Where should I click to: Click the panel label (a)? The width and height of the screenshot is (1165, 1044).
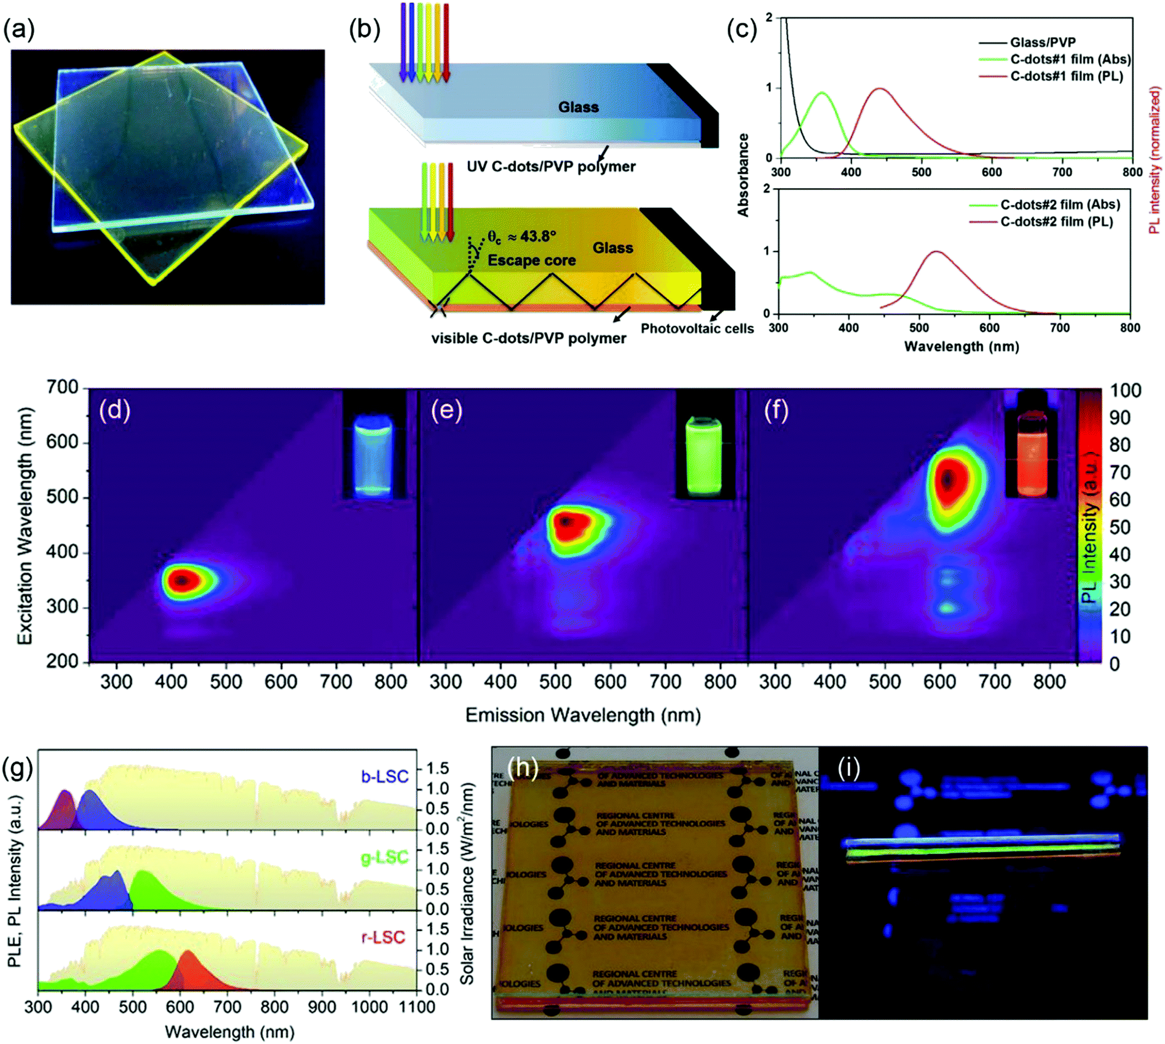tap(18, 29)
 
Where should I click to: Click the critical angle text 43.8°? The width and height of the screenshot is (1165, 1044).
tap(531, 236)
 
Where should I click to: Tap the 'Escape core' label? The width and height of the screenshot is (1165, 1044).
tap(531, 260)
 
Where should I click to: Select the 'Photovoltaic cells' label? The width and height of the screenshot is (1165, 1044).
tap(697, 328)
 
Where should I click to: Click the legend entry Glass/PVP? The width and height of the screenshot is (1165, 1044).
tap(1042, 42)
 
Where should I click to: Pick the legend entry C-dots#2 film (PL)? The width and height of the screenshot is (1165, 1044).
tap(1056, 221)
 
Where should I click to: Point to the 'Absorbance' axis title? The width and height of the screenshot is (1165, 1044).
tap(743, 175)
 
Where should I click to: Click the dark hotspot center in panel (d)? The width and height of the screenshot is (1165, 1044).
tap(181, 580)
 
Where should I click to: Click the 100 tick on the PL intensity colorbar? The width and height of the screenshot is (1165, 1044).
tap(1125, 390)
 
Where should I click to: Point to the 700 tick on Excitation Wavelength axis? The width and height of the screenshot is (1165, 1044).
tap(62, 387)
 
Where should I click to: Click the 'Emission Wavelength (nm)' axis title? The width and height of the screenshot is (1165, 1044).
tap(582, 715)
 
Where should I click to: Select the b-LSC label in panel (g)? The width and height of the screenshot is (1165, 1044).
tap(384, 777)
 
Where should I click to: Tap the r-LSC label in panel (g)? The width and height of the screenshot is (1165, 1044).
tap(383, 937)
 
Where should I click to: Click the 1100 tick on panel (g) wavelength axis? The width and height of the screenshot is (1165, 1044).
tap(417, 1006)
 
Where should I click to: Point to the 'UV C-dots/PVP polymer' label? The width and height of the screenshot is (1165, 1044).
tap(551, 167)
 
